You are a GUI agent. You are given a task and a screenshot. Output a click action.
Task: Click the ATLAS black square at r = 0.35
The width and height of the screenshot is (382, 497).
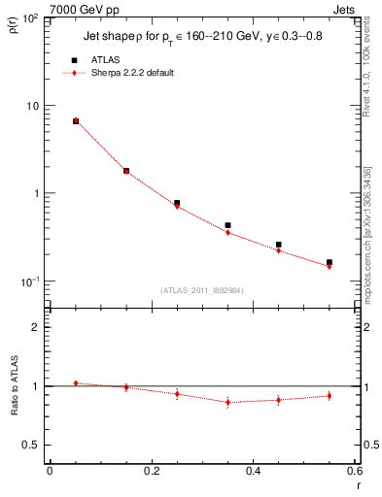227,225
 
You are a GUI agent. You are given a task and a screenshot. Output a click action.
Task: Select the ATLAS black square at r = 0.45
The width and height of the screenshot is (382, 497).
278,245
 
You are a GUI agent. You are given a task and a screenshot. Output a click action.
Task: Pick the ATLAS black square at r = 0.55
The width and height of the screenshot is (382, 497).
330,262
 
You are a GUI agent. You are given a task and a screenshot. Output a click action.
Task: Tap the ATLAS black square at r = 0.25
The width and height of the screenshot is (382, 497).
177,203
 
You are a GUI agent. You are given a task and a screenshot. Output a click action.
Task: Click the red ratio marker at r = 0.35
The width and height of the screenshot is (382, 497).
227,402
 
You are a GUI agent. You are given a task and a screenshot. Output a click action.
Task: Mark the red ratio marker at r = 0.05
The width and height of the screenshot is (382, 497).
75,383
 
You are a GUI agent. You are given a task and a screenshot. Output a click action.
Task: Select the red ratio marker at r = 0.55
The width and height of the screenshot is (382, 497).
330,395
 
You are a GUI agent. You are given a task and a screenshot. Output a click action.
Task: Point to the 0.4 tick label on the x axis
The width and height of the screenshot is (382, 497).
253,471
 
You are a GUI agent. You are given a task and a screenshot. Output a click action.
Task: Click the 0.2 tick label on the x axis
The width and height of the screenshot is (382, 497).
151,471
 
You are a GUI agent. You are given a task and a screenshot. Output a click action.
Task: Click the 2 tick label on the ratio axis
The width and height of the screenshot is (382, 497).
35,327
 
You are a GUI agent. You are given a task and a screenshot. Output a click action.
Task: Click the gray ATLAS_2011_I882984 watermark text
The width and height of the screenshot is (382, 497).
201,289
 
